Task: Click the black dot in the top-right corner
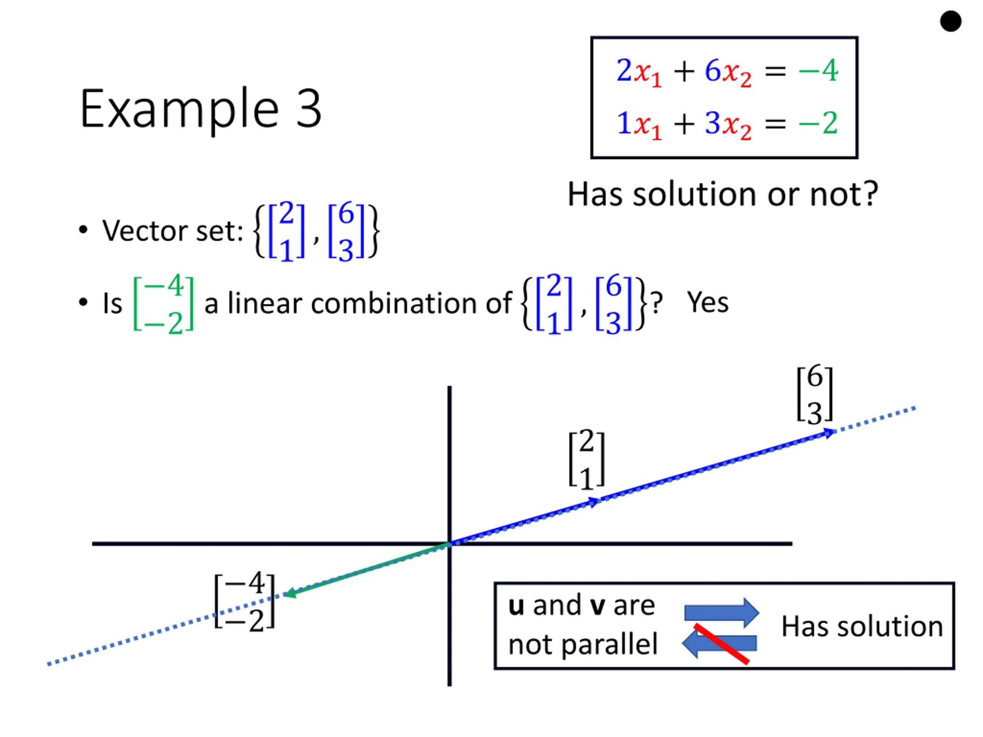click(x=951, y=21)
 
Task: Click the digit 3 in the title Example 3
click(x=308, y=108)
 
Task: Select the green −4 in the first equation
click(x=818, y=70)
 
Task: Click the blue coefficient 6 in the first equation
click(x=713, y=70)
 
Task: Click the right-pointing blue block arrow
click(x=721, y=613)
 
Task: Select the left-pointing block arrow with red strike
click(x=720, y=643)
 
